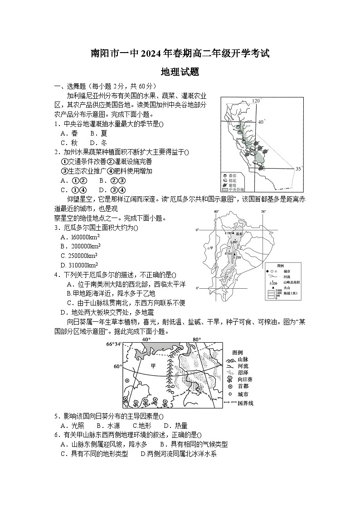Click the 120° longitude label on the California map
pyautogui.click(x=257, y=101)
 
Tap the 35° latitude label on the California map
pyautogui.click(x=298, y=169)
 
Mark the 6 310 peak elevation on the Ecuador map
pyautogui.click(x=228, y=254)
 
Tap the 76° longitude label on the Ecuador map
pyautogui.click(x=263, y=212)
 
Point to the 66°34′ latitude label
pyautogui.click(x=114, y=344)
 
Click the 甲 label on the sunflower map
pyautogui.click(x=153, y=366)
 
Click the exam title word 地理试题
pyautogui.click(x=180, y=72)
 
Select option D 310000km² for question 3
pyautogui.click(x=80, y=265)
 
